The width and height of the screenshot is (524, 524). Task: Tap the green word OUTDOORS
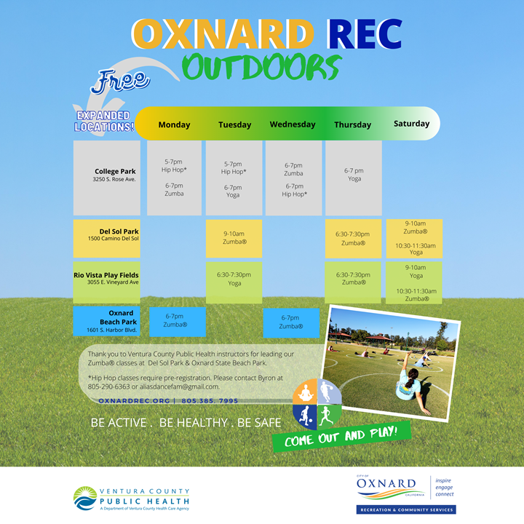(x=261, y=67)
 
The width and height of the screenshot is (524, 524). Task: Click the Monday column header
(x=174, y=124)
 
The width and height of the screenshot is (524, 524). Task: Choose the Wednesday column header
(x=293, y=124)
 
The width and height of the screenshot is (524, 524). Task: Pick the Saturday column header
(x=411, y=124)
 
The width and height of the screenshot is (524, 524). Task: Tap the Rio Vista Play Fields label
(x=106, y=278)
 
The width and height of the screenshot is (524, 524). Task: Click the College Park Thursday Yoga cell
(x=353, y=175)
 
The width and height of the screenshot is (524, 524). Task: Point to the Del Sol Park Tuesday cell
(x=234, y=238)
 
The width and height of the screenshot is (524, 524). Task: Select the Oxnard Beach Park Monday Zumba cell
(x=175, y=321)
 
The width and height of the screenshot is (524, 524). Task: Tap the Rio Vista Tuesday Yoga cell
(x=234, y=279)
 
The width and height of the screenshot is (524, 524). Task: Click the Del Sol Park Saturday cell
(x=414, y=238)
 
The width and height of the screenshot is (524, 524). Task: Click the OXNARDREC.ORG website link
(x=134, y=401)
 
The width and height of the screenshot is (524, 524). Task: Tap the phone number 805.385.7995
(x=210, y=401)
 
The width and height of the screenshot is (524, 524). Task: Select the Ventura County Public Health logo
(x=132, y=499)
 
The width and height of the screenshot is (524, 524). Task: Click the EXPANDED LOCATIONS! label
(x=104, y=122)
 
